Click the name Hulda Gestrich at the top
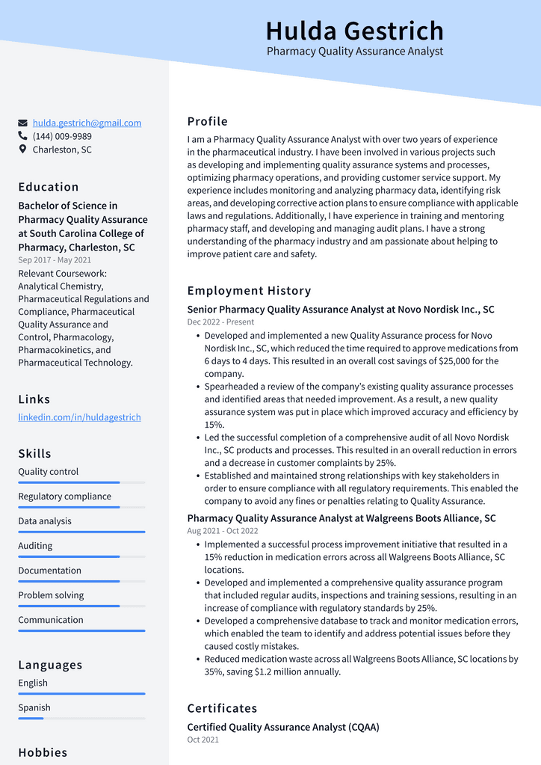354,31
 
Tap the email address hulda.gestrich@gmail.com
87,123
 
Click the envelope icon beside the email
23,123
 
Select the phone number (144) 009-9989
62,136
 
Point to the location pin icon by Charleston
23,150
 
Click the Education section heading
49,187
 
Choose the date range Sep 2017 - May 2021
55,260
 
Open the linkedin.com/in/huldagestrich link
79,417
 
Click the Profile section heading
207,121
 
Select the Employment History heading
249,291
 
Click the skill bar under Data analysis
81,532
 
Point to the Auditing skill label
35,546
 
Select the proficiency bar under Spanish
81,719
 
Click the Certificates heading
222,708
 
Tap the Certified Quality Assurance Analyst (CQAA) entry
282,727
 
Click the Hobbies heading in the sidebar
43,752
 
